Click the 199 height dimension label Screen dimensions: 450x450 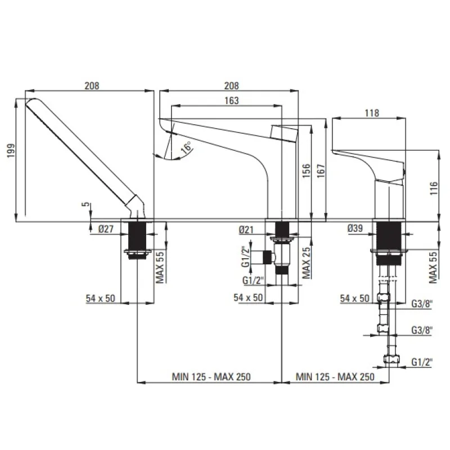pyautogui.click(x=11, y=151)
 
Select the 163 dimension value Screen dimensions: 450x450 pyautogui.click(x=232, y=101)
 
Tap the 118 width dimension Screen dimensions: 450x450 pyautogui.click(x=372, y=113)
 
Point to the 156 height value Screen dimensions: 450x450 pyautogui.click(x=307, y=170)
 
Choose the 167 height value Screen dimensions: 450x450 pyautogui.click(x=321, y=170)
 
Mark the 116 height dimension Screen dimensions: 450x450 pyautogui.click(x=434, y=188)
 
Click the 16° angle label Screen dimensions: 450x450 pyautogui.click(x=187, y=147)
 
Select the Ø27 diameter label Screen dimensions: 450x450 pyautogui.click(x=106, y=229)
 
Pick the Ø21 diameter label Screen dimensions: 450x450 pyautogui.click(x=246, y=229)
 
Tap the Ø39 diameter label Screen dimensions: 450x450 pyautogui.click(x=355, y=228)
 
